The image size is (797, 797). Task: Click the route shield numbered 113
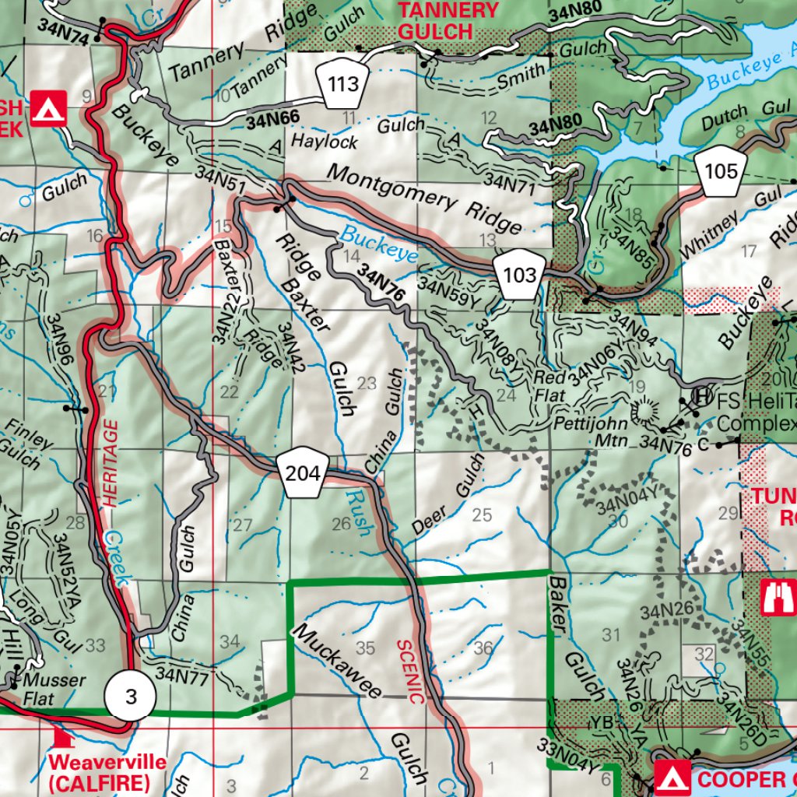click(342, 82)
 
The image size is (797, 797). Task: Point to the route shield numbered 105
click(721, 170)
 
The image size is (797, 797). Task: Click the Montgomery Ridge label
click(424, 199)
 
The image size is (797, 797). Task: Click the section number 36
click(483, 648)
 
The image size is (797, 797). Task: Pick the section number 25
click(482, 514)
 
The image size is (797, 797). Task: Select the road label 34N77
click(181, 676)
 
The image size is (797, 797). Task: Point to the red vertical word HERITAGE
click(111, 464)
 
